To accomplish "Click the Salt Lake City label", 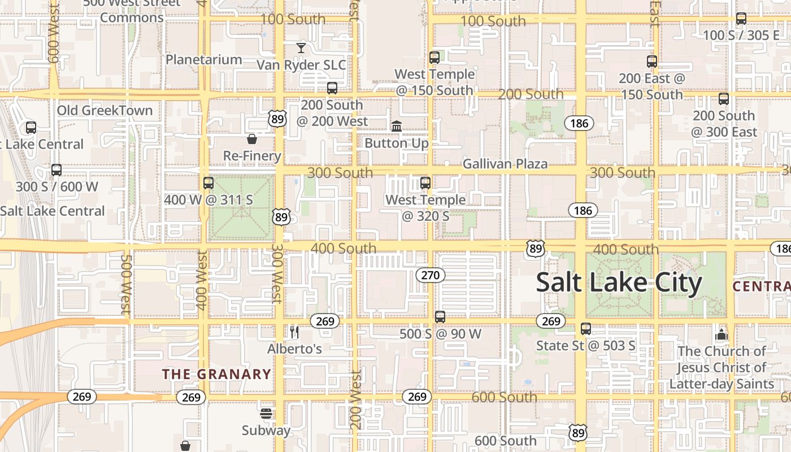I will tap(619, 282).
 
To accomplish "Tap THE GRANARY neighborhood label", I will tap(216, 374).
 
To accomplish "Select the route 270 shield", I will tap(431, 275).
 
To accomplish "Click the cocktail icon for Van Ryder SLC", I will tap(301, 48).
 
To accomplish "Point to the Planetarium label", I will tap(203, 59).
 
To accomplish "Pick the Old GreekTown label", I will tap(105, 110).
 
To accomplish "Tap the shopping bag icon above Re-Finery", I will tap(252, 138).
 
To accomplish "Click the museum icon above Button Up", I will tap(397, 126).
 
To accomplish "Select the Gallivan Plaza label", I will tap(505, 164).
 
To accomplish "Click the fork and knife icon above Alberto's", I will tap(294, 332).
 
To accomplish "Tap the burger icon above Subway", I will tap(266, 414).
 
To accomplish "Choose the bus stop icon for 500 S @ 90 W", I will tap(440, 317).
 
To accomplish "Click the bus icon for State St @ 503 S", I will tap(586, 328).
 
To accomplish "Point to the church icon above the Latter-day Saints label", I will tap(721, 334).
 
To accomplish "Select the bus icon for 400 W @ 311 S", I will tap(208, 183).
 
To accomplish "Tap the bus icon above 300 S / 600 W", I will tap(56, 169).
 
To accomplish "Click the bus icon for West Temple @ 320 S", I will tap(425, 183).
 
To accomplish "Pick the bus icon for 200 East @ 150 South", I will tap(652, 62).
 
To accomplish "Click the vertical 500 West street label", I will tap(126, 284).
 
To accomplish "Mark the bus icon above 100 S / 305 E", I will tap(741, 19).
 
